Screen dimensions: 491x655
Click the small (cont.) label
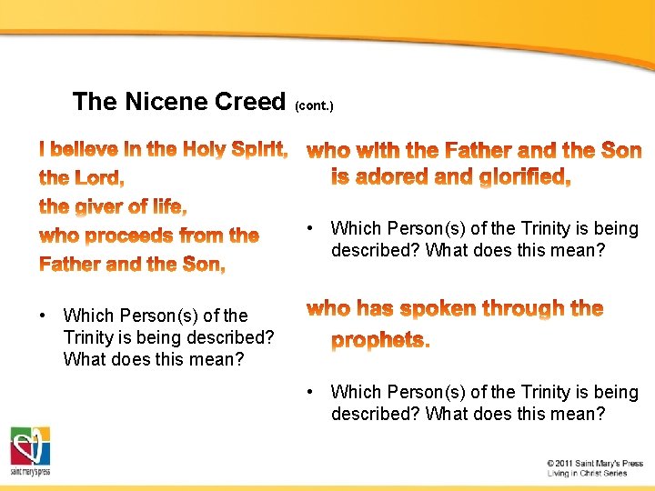pyautogui.click(x=315, y=106)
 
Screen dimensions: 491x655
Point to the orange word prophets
pyautogui.click(x=380, y=339)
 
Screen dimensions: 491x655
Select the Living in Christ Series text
pyautogui.click(x=587, y=474)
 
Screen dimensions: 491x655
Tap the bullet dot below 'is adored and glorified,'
pyautogui.click(x=311, y=228)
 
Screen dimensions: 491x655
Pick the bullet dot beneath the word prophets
pyautogui.click(x=311, y=392)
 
